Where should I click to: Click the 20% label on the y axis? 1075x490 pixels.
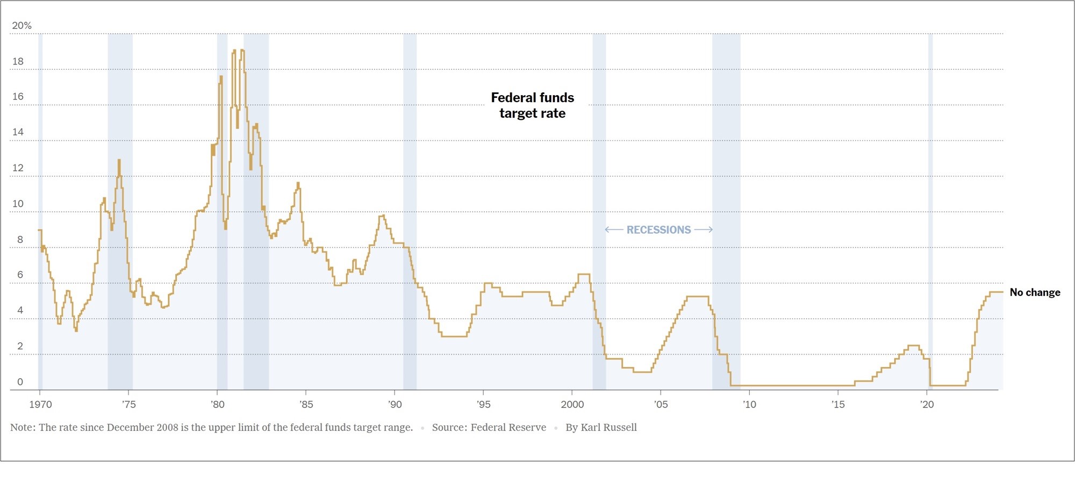pos(21,26)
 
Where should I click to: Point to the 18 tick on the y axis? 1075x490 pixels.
pos(18,61)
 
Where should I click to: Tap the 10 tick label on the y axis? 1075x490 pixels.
pos(18,204)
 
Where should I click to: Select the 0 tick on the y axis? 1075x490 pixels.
pos(20,382)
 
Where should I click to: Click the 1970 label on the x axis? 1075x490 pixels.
pos(40,405)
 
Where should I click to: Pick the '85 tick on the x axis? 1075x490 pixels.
pos(306,405)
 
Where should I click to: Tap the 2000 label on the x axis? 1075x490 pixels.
pos(572,405)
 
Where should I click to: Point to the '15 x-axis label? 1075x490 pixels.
pos(838,405)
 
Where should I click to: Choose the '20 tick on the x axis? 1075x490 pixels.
pos(927,405)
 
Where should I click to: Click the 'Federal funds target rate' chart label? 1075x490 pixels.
pos(532,105)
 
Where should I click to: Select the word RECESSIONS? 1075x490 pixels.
pos(658,230)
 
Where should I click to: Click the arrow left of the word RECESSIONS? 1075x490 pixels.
pos(614,230)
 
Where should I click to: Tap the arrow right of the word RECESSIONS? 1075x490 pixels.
pos(704,230)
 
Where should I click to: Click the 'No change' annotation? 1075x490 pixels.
pos(1035,292)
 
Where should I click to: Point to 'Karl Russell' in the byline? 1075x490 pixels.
pos(608,428)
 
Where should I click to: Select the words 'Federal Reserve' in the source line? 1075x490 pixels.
pos(508,428)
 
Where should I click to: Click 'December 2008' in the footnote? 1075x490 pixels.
pos(142,428)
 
